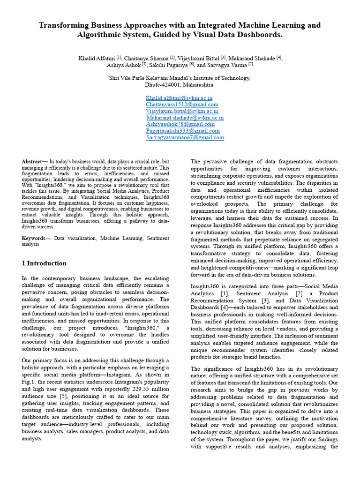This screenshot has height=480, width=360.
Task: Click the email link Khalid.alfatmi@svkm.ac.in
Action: pos(180,98)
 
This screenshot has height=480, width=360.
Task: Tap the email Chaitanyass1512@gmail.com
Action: pos(182,105)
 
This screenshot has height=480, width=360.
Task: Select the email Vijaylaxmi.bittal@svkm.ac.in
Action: pos(182,111)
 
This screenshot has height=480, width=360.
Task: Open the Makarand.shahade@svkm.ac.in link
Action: pos(185,118)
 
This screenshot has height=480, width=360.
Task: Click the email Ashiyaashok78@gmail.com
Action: pos(180,124)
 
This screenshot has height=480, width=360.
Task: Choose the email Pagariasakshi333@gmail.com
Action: pos(183,131)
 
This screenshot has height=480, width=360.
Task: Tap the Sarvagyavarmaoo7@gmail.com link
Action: pos(185,137)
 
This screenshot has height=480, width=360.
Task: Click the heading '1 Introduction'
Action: pos(44,263)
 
